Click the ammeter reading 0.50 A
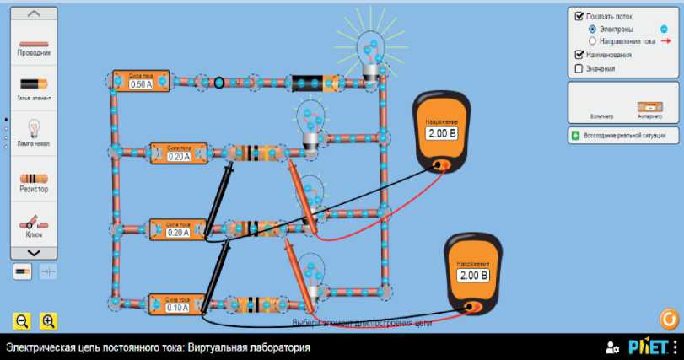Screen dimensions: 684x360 pos(141,82)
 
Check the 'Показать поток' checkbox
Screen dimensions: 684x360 pos(579,16)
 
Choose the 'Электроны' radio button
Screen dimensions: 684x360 pos(592,29)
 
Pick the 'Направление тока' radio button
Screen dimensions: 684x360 pos(592,40)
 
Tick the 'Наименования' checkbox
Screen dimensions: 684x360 pos(579,55)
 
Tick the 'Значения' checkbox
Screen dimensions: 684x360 pos(579,68)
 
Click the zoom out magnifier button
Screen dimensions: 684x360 pos(23,320)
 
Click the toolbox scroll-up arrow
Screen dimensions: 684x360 pos(34,14)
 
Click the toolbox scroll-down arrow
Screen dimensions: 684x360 pos(34,252)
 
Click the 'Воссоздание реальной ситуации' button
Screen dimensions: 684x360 pos(622,135)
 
